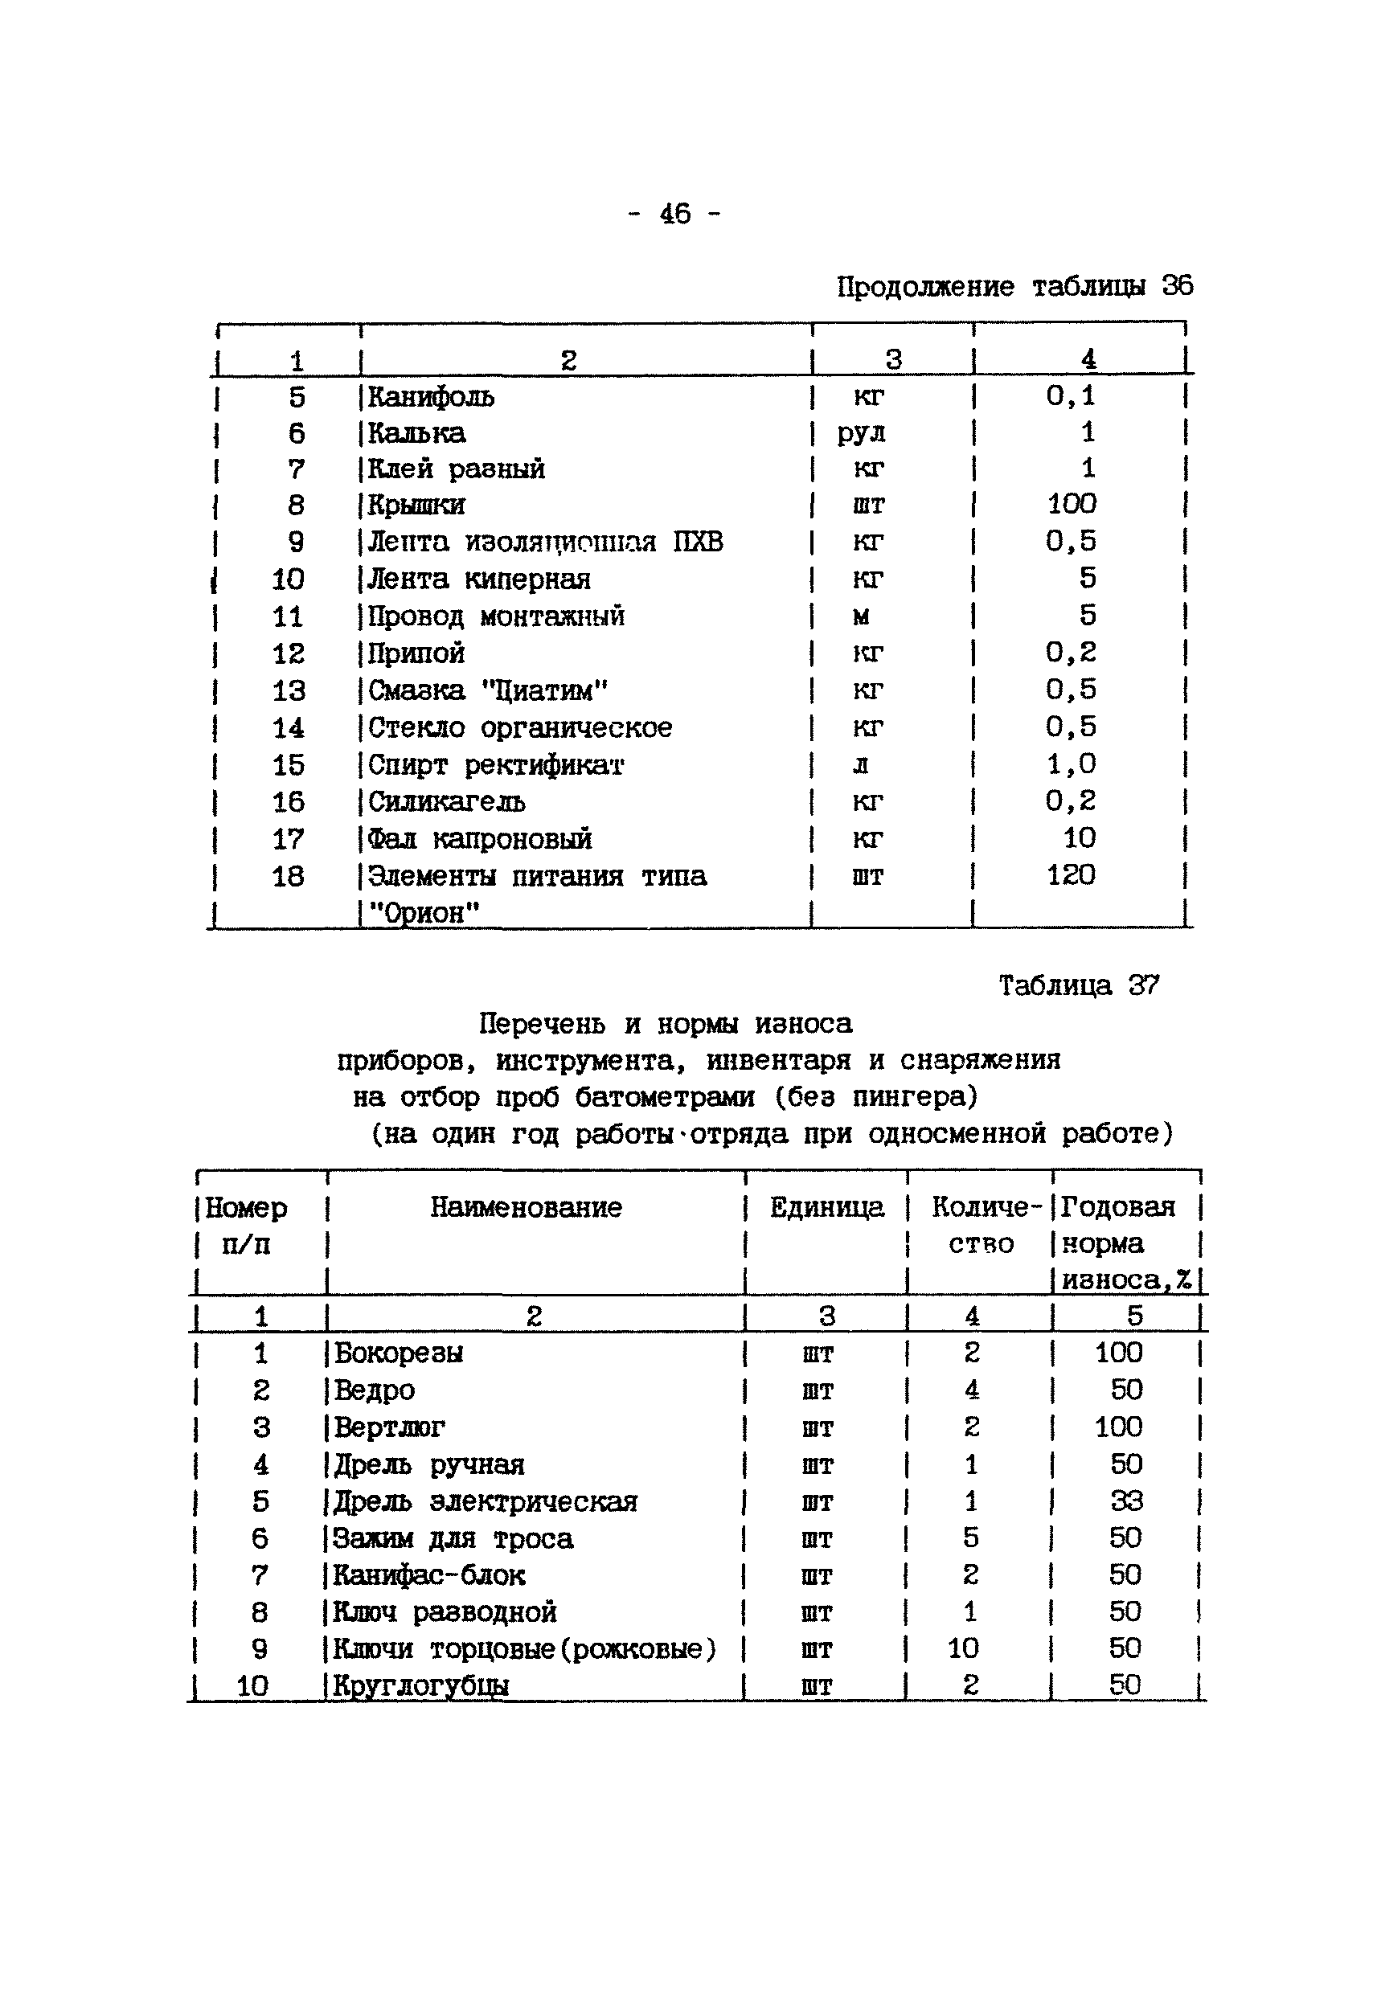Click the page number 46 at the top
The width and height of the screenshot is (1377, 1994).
click(x=674, y=213)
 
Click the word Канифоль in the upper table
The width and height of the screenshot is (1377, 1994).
click(x=431, y=398)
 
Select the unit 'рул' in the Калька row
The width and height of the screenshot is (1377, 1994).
click(x=860, y=434)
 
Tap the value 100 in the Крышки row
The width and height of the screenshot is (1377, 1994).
click(x=1072, y=504)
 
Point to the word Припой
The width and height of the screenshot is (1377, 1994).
click(x=416, y=653)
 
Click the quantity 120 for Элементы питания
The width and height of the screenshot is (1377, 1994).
click(x=1071, y=875)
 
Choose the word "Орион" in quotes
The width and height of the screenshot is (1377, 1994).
click(x=424, y=912)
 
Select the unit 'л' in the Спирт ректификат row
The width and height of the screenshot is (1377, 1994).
click(x=860, y=765)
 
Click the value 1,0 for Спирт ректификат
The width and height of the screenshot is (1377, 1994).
click(x=1071, y=764)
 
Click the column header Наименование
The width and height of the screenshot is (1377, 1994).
click(x=526, y=1206)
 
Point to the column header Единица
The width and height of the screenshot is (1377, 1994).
click(x=826, y=1206)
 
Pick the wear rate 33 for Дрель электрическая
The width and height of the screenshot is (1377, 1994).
click(x=1126, y=1501)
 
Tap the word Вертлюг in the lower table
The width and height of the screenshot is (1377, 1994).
click(x=389, y=1427)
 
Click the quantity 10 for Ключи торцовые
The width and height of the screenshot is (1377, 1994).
click(x=963, y=1648)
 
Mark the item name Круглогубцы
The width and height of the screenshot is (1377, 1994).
click(x=421, y=1685)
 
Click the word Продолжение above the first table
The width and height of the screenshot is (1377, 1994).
click(x=925, y=286)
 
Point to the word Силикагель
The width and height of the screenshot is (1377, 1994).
click(x=446, y=802)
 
